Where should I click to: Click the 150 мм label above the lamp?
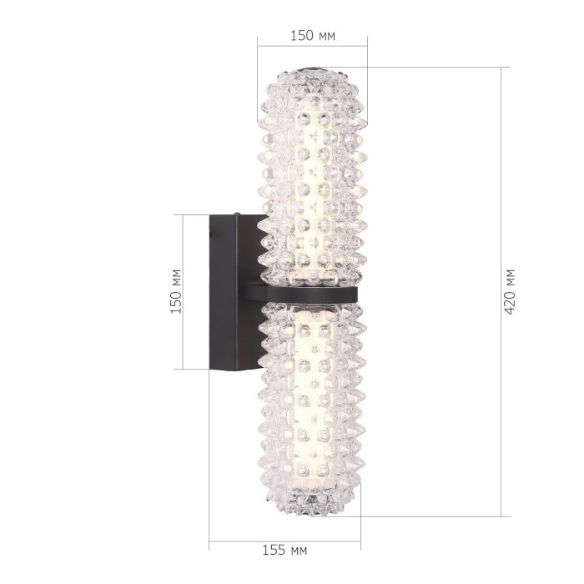[x=313, y=35]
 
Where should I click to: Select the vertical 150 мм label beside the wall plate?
[x=175, y=291]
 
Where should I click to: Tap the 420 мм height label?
[x=510, y=291]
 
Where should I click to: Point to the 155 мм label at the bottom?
[x=285, y=551]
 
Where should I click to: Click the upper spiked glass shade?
[x=311, y=175]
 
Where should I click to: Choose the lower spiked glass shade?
[x=311, y=400]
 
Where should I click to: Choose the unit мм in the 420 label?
[x=510, y=277]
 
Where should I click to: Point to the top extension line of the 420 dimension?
[x=434, y=68]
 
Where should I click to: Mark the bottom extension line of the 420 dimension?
[x=434, y=516]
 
